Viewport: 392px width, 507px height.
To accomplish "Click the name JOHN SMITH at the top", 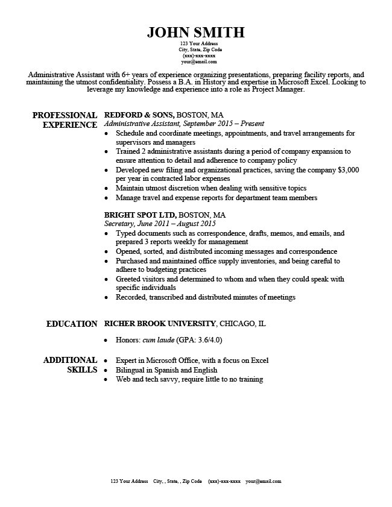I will click(x=195, y=32).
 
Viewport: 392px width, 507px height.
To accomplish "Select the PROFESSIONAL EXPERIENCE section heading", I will click(x=65, y=120).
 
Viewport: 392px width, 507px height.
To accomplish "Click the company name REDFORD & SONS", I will click(x=139, y=115).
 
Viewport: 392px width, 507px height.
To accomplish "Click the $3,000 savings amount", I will click(x=348, y=170).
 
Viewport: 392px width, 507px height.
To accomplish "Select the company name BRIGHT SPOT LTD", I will click(x=141, y=215).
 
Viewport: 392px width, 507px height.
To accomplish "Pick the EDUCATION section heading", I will click(x=71, y=324).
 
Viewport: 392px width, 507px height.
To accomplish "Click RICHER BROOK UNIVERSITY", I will click(x=160, y=324).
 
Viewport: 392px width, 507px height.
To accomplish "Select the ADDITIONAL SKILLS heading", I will click(x=70, y=365).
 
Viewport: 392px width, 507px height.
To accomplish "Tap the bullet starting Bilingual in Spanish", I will click(x=166, y=370).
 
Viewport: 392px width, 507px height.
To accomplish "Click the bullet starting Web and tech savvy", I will click(x=189, y=379).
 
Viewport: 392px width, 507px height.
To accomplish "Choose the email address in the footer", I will click(x=263, y=482).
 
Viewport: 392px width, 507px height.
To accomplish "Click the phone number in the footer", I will click(x=224, y=482).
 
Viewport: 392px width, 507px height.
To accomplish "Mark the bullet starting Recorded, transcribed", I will click(x=205, y=297).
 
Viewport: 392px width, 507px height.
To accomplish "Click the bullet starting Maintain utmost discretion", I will click(x=211, y=188).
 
